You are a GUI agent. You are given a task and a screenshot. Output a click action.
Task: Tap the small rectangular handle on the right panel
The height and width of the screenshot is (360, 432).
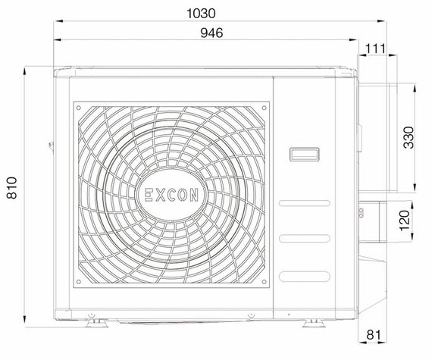(305, 154)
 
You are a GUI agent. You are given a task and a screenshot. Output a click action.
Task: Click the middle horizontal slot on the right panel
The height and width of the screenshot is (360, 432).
(305, 239)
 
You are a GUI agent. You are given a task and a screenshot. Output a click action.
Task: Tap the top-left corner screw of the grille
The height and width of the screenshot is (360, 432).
(80, 108)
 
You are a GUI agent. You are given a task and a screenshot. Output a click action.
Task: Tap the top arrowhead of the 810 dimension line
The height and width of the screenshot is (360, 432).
(26, 70)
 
